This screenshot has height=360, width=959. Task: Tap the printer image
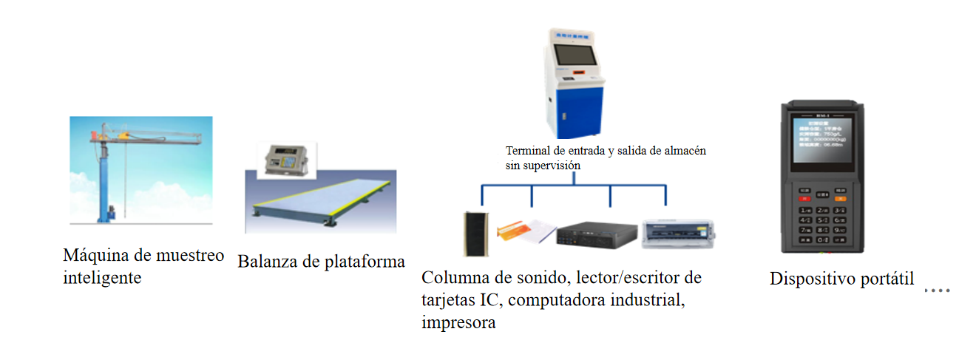coord(677,234)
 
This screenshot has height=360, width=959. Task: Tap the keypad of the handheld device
coord(821,218)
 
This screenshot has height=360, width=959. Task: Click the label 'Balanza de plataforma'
coord(322,262)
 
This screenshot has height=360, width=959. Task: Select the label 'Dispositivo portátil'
coord(842,279)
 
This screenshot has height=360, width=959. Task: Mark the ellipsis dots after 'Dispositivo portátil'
coord(937,291)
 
